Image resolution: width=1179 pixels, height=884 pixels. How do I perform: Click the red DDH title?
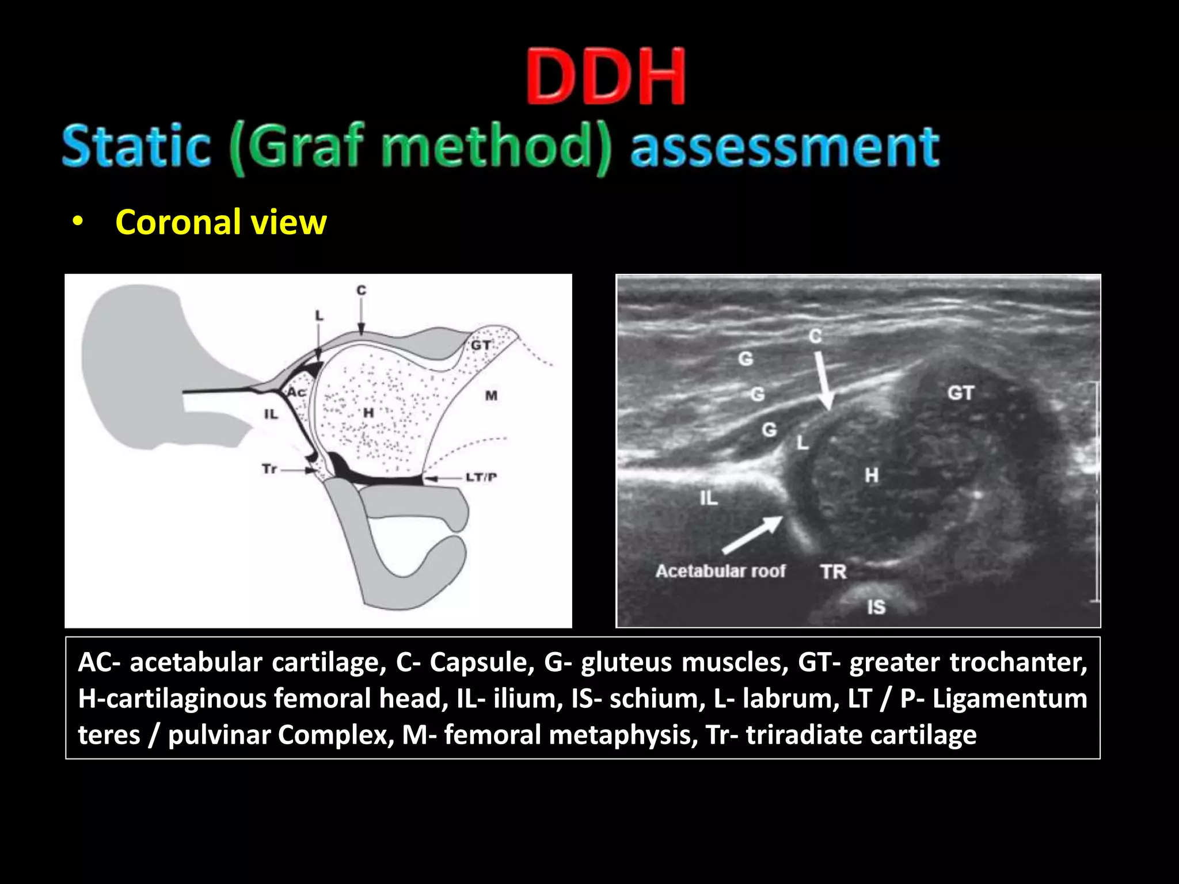click(606, 77)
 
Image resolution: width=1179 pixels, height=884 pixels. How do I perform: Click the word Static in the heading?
click(136, 146)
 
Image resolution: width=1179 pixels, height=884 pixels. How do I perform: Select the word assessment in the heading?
click(785, 147)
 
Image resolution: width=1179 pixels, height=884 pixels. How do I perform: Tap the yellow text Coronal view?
click(220, 222)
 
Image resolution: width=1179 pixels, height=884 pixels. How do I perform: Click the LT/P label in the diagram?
click(481, 477)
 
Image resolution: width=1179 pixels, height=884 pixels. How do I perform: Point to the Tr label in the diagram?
click(269, 469)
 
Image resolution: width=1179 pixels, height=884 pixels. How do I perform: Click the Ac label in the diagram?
click(296, 393)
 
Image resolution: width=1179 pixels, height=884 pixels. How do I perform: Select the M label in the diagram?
click(491, 395)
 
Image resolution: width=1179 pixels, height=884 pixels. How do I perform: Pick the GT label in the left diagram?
click(481, 345)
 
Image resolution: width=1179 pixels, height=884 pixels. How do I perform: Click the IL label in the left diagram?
click(271, 414)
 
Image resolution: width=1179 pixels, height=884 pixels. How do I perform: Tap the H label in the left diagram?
click(368, 413)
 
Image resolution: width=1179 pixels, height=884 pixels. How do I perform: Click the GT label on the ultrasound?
click(961, 393)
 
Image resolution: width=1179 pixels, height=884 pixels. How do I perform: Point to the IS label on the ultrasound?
click(876, 607)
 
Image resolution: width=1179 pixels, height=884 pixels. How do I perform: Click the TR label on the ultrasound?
click(834, 571)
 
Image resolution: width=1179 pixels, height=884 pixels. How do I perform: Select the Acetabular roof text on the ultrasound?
click(720, 571)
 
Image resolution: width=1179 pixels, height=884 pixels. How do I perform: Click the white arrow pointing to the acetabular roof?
click(752, 534)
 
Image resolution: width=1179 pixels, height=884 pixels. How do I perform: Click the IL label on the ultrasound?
click(709, 498)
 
